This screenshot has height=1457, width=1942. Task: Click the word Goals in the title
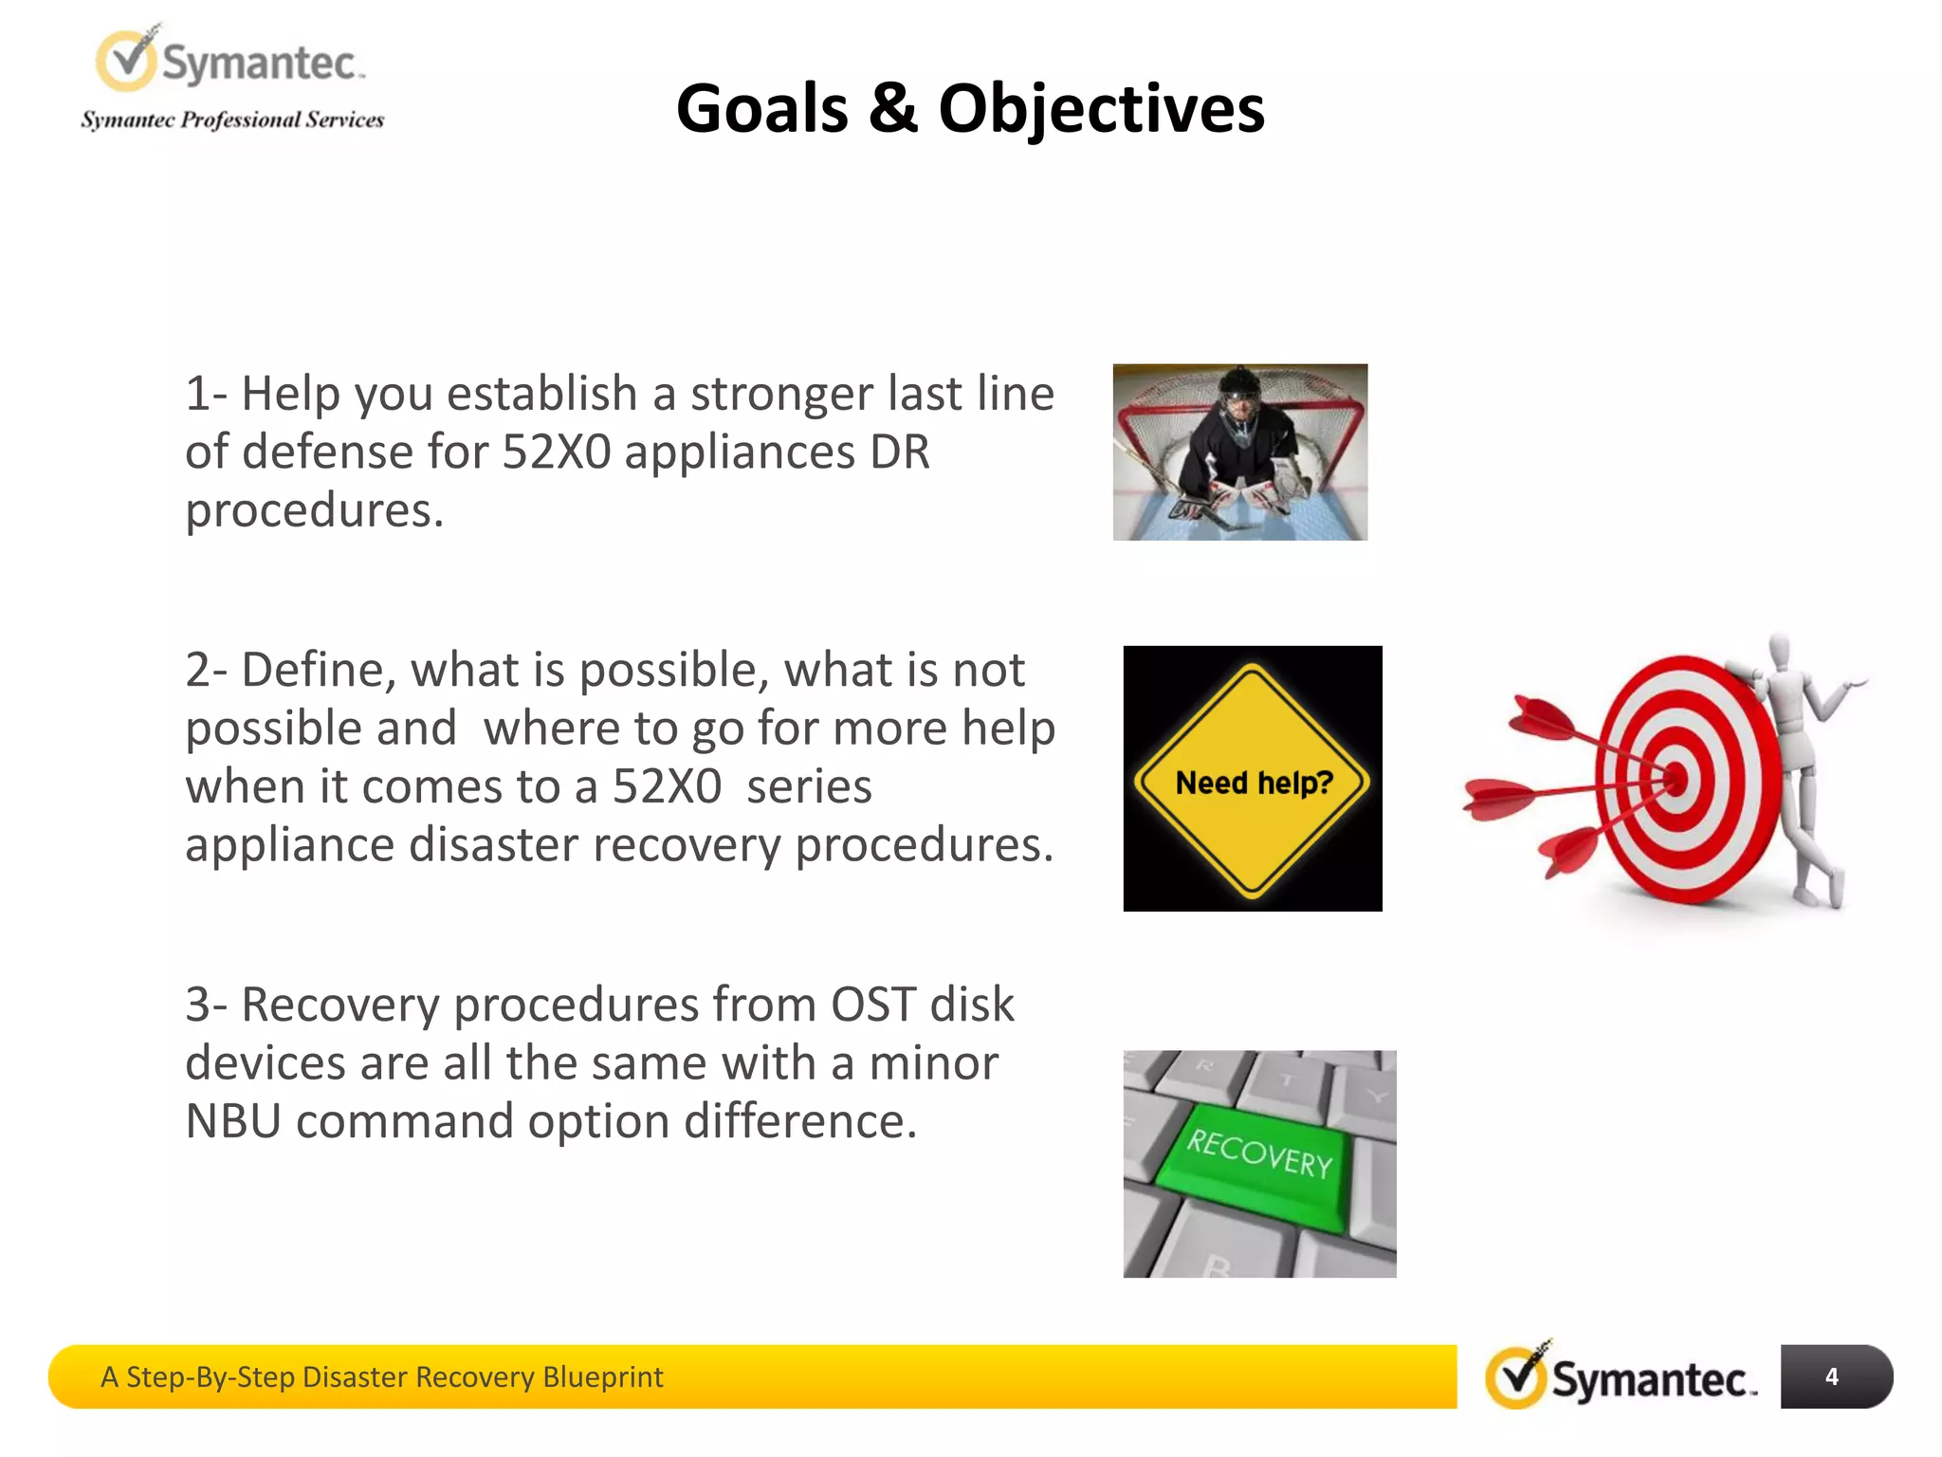(761, 108)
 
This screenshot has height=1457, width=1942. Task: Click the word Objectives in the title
(1101, 108)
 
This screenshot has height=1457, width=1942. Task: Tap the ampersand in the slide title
(892, 108)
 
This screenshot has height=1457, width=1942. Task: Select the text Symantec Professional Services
(232, 120)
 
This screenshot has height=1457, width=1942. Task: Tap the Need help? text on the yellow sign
(1254, 783)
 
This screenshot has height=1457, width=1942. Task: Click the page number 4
(1831, 1376)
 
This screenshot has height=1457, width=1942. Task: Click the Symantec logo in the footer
(1621, 1376)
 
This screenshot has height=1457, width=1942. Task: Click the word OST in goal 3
(873, 1005)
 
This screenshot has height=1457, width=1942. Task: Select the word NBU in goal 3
(233, 1122)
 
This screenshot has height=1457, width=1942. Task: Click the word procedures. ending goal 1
(314, 511)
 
